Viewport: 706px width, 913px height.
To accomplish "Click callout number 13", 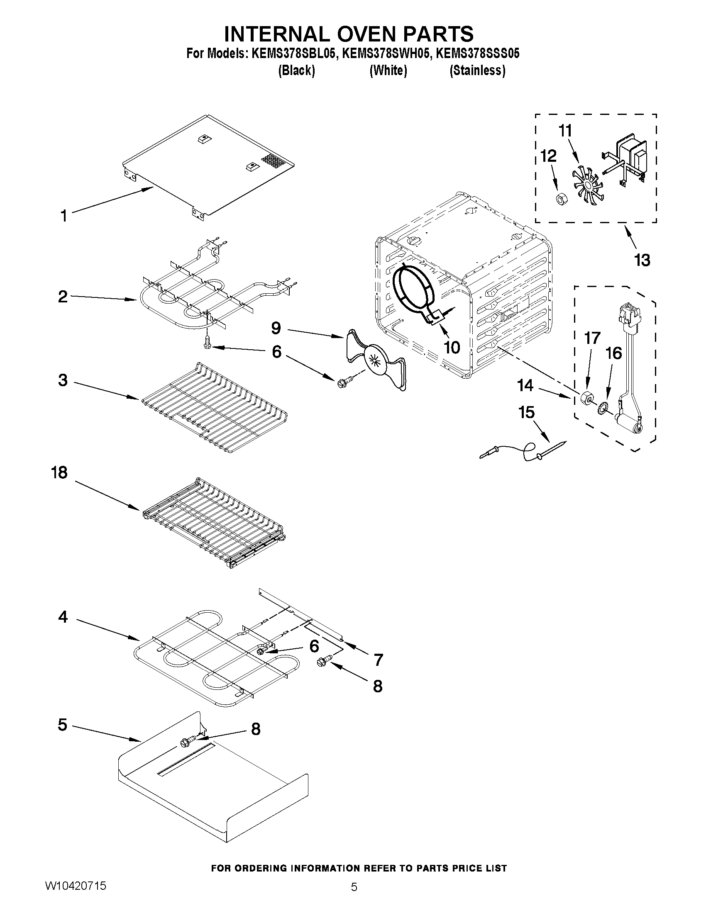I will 642,260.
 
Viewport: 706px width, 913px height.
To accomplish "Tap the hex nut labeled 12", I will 561,200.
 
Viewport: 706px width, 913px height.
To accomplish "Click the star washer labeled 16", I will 603,406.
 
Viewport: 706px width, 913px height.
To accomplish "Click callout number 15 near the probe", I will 526,412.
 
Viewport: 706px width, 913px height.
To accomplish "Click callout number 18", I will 59,473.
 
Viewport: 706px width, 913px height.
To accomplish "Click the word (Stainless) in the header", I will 477,71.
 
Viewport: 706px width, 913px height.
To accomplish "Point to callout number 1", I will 64,216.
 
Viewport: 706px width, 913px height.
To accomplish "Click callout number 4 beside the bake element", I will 63,616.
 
